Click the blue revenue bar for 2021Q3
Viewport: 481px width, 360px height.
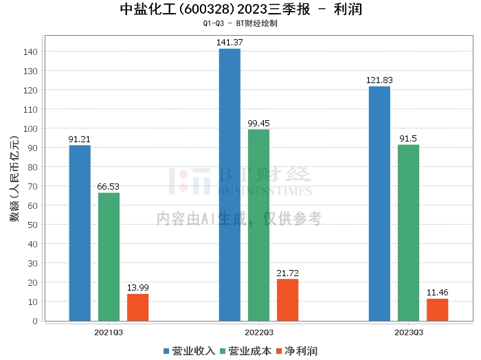click(80, 233)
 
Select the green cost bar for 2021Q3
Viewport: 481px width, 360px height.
click(109, 256)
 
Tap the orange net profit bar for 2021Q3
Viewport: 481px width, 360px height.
click(137, 307)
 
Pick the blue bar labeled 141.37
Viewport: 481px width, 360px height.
click(230, 185)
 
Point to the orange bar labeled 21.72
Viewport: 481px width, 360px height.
click(287, 300)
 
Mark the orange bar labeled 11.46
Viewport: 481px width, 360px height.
click(437, 309)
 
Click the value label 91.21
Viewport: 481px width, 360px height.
click(80, 139)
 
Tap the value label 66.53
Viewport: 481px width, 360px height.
click(109, 187)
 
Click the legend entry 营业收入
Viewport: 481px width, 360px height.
click(189, 351)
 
